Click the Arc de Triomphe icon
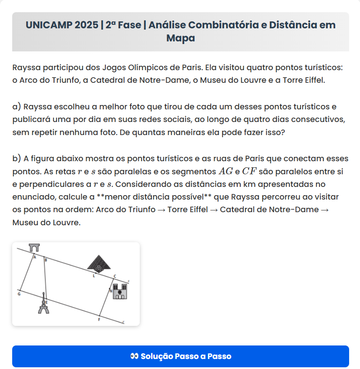(35, 248)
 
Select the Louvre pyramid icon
(99, 263)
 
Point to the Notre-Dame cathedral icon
(120, 291)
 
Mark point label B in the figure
(46, 260)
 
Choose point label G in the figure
(19, 295)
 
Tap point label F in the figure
(99, 320)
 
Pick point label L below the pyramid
(94, 276)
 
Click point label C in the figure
(114, 276)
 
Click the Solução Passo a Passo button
(180, 356)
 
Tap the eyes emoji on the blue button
(134, 356)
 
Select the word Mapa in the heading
(180, 38)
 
